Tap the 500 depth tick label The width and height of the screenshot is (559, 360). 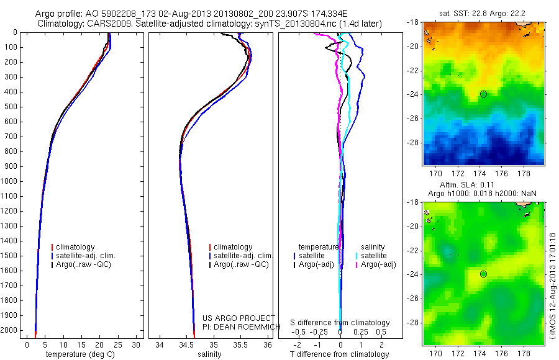(11, 107)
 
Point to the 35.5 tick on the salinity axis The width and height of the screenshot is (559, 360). (240, 345)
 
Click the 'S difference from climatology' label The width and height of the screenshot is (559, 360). (340, 323)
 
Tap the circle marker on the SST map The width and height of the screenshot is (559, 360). (483, 94)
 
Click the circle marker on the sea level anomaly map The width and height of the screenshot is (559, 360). (483, 274)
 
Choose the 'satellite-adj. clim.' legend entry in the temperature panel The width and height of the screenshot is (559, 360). (90, 256)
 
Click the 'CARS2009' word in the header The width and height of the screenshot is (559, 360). (101, 23)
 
